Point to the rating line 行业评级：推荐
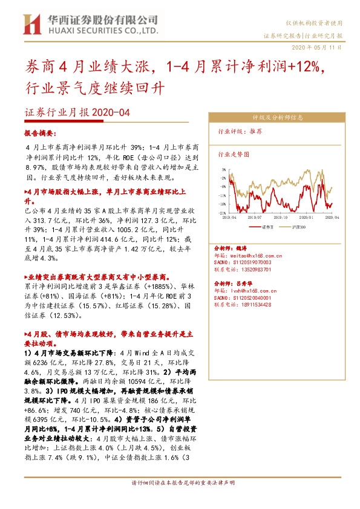[x=240, y=131]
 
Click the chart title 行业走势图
[x=233, y=154]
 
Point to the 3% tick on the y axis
[x=224, y=170]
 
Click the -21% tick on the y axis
[x=223, y=213]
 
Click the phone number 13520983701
[x=260, y=270]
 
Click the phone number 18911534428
[x=260, y=305]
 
